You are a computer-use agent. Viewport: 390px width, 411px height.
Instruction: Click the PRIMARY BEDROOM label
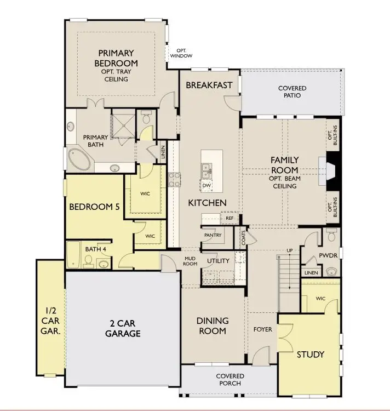pos(116,58)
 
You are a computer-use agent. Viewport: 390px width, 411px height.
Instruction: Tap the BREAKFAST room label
pos(209,85)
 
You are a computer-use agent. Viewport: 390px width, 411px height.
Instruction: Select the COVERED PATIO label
pos(292,92)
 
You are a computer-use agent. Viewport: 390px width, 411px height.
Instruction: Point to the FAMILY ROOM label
pos(284,164)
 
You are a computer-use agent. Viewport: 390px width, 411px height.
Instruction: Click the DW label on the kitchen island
pos(207,186)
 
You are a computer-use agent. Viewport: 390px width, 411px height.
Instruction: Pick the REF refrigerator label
pos(230,218)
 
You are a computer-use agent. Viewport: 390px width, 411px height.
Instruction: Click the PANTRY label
pos(212,235)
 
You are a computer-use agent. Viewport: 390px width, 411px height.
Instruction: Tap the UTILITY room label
pos(218,261)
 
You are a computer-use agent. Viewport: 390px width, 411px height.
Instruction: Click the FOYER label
pos(262,330)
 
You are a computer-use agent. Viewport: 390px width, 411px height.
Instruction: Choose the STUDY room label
pos(310,354)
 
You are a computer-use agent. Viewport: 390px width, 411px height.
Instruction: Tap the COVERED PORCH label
pos(230,380)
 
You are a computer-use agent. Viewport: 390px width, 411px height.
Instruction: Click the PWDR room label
pos(329,255)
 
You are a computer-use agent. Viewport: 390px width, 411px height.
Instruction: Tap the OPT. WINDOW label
pos(181,53)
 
